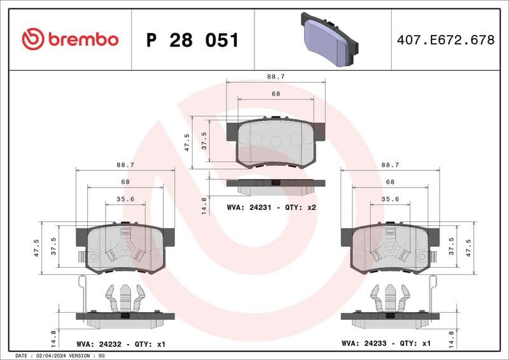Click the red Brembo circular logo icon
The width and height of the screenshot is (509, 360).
tap(33, 39)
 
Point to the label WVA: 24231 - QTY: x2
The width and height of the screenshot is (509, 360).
tap(272, 207)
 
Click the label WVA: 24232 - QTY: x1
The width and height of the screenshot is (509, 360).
tap(121, 343)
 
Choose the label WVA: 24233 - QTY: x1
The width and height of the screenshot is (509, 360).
tap(386, 343)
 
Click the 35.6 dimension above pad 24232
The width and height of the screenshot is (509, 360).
tap(125, 199)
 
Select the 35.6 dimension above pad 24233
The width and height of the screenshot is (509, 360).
tap(390, 199)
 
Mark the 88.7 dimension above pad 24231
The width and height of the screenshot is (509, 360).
tap(275, 76)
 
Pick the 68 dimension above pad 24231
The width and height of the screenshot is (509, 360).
tap(275, 93)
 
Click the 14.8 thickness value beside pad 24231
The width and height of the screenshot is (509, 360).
tap(204, 205)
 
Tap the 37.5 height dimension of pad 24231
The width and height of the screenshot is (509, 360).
tap(204, 139)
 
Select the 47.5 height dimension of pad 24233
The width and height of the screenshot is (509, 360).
tap(470, 246)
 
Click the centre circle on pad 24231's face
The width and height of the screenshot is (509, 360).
tap(275, 141)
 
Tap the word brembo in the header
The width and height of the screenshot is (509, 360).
tap(83, 39)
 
